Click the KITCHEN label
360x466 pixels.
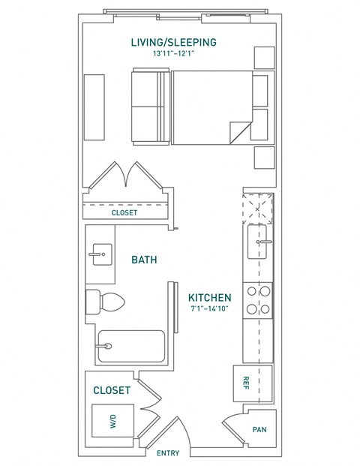tap(209, 296)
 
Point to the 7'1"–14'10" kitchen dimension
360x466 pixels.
tap(209, 308)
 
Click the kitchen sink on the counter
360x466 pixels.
tap(259, 242)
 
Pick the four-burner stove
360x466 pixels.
tap(259, 300)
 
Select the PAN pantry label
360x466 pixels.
tap(260, 431)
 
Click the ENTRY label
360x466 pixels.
tap(167, 453)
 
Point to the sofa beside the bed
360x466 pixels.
tap(149, 107)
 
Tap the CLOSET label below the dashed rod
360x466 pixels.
tap(124, 212)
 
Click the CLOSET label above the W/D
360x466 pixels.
tap(111, 390)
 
